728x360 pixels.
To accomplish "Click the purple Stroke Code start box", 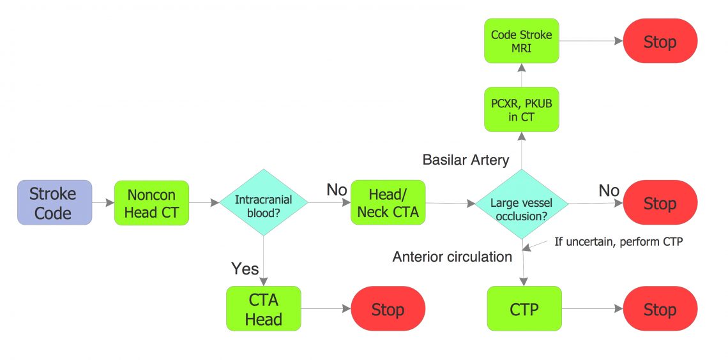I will click(x=54, y=202).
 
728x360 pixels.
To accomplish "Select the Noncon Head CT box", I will click(x=151, y=202).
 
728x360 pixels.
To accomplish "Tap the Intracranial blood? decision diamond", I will click(x=263, y=203).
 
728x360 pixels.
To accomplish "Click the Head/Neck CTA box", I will click(x=388, y=202).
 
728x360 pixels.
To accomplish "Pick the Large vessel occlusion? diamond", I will click(x=522, y=204).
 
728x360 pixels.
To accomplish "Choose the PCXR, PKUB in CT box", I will click(x=522, y=109).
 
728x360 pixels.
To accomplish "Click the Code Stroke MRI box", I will click(x=522, y=41).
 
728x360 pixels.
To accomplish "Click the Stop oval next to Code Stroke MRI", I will click(x=660, y=41).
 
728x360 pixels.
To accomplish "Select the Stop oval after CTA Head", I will click(x=388, y=309).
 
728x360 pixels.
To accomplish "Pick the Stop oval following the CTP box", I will click(x=660, y=309).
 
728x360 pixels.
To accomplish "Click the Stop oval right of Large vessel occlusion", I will click(x=660, y=203).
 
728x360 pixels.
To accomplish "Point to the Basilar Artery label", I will click(x=465, y=160).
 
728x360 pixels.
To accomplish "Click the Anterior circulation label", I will click(x=452, y=257).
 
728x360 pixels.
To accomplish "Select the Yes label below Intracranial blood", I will click(x=245, y=268).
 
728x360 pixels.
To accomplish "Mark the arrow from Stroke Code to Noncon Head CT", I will click(x=103, y=203).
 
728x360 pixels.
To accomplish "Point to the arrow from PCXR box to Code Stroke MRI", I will click(x=522, y=75).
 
